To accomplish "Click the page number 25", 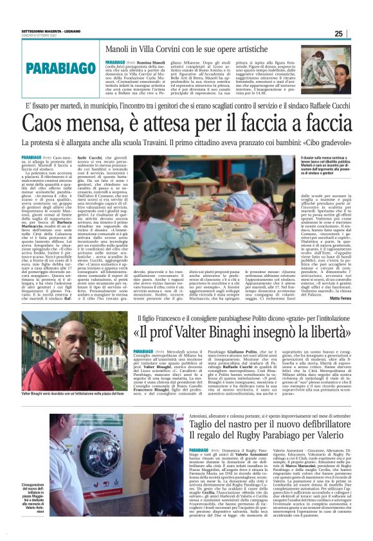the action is pos(356,33).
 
